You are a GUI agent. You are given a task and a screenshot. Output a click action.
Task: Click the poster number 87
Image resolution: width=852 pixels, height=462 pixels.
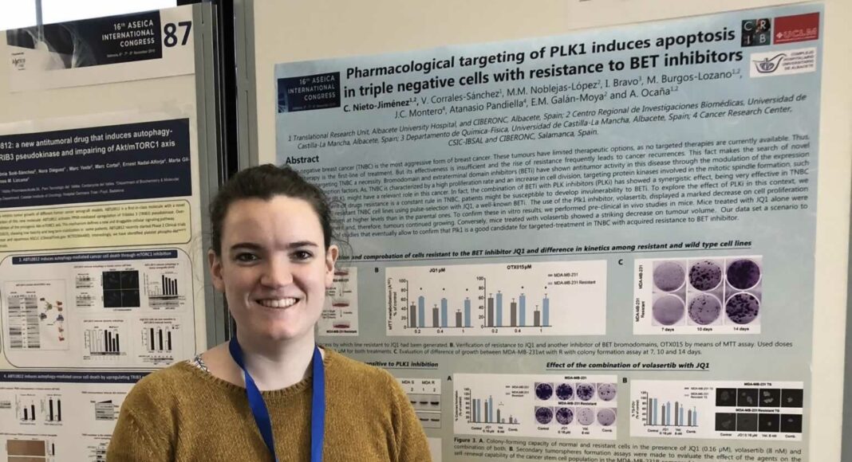pyautogui.click(x=176, y=33)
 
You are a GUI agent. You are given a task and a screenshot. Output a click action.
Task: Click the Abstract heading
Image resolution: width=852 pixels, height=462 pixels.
pyautogui.click(x=302, y=159)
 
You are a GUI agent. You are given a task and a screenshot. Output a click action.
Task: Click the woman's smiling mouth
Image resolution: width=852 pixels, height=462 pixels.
pyautogui.click(x=278, y=302)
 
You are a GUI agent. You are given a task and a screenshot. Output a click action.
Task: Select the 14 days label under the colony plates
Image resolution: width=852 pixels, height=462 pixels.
pyautogui.click(x=744, y=328)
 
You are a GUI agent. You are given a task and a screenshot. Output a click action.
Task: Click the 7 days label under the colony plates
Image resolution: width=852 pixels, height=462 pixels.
pyautogui.click(x=669, y=327)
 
